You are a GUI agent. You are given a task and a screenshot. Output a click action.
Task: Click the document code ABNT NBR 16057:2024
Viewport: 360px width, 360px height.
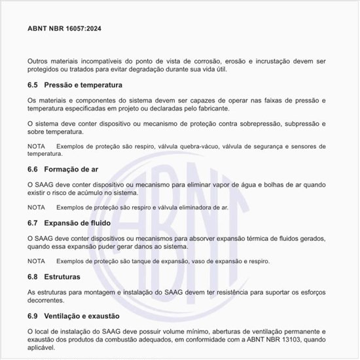(64, 29)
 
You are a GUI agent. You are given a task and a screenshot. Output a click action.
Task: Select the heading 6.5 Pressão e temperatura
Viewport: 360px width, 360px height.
(75, 86)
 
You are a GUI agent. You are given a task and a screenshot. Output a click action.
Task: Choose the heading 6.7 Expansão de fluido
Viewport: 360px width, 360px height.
(69, 223)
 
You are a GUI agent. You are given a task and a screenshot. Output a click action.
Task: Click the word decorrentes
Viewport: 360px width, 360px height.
(46, 300)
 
